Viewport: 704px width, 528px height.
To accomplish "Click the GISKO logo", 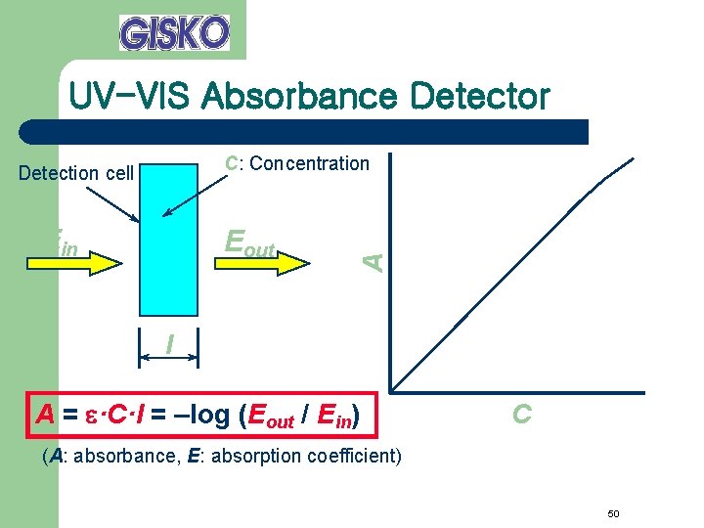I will point(174,32).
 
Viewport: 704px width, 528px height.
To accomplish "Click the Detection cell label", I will point(76,173).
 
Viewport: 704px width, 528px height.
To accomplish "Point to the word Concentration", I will point(309,163).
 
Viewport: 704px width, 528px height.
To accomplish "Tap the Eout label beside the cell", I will point(250,242).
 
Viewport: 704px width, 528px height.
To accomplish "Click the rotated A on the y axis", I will point(373,260).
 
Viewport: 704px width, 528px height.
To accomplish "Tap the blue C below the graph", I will point(522,415).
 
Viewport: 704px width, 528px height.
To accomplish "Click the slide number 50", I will point(614,514).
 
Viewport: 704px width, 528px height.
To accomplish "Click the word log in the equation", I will point(207,416).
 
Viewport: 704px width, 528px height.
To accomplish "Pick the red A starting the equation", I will point(45,416).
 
